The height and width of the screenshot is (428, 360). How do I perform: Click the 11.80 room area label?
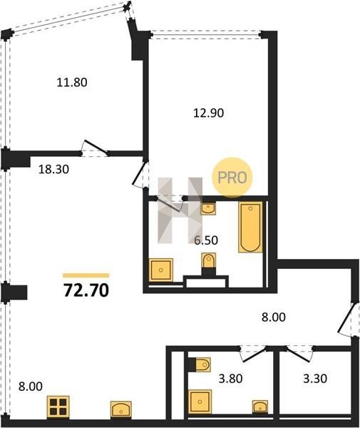tap(72, 82)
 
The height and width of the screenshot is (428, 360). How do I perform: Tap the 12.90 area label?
tap(209, 113)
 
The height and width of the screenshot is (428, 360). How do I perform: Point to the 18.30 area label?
tap(53, 170)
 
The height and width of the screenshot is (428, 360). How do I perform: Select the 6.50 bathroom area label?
tap(206, 240)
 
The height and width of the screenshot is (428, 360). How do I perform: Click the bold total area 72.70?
tap(86, 290)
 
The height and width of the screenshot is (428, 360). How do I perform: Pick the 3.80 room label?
tap(230, 379)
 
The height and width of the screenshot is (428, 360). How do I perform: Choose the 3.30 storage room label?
tap(315, 379)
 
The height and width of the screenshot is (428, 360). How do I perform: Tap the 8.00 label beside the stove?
tap(31, 387)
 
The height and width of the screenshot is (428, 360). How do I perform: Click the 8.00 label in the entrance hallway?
tap(274, 317)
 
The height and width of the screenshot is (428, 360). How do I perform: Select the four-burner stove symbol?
tap(58, 407)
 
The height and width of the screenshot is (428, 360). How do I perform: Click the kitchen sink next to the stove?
tap(121, 409)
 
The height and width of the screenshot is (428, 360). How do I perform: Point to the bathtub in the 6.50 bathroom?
tap(250, 227)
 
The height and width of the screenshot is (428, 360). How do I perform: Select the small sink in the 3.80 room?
tap(260, 407)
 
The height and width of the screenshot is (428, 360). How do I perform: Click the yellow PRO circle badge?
tap(232, 177)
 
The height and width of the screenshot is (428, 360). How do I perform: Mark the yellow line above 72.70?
tap(86, 275)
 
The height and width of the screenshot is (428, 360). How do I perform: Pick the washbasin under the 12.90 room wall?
tap(208, 209)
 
